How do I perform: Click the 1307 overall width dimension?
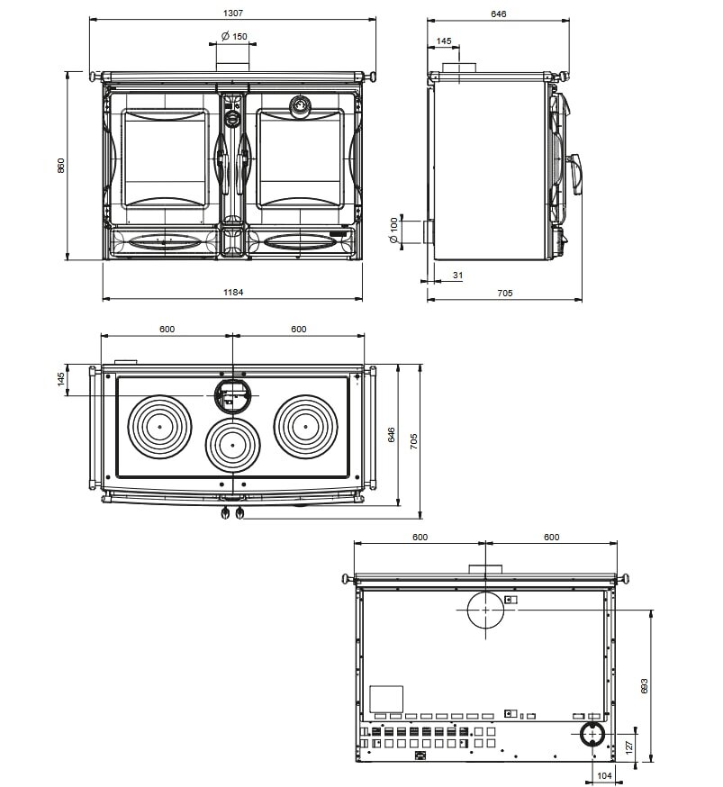point(233,13)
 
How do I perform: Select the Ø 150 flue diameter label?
point(234,36)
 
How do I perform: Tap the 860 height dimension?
point(61,166)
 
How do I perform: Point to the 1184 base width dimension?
point(233,292)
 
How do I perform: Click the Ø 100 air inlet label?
point(393,230)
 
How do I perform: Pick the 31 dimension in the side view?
point(457,275)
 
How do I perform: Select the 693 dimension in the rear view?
point(645,686)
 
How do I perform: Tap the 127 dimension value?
point(629,746)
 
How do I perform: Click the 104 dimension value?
point(604,776)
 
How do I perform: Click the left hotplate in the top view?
point(159,427)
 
